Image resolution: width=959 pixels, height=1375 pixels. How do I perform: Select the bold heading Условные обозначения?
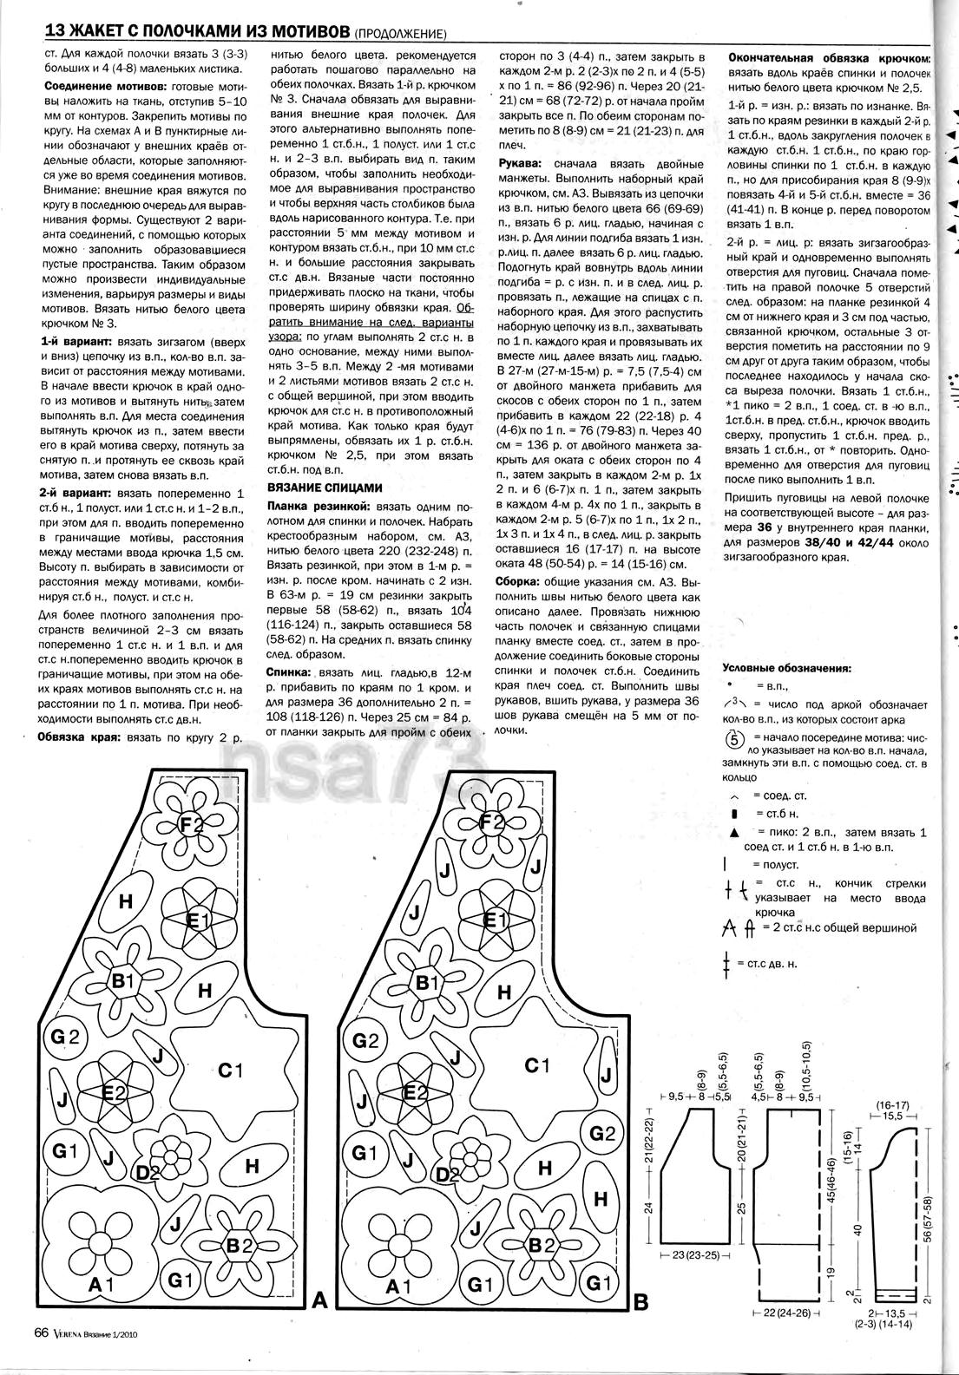click(x=786, y=668)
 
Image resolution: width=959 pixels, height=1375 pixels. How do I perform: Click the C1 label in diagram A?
click(x=232, y=1071)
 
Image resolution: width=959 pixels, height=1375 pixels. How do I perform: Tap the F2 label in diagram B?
click(x=492, y=822)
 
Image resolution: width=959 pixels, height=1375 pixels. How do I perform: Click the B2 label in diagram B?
click(x=541, y=1245)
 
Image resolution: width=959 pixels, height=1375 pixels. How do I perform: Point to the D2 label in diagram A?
click(x=149, y=1173)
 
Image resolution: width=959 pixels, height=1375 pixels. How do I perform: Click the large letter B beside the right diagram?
click(x=640, y=1301)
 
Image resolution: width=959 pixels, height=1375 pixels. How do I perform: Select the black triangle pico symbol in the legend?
click(x=734, y=832)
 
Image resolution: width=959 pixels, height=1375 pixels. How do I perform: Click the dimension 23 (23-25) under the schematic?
click(x=695, y=1254)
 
